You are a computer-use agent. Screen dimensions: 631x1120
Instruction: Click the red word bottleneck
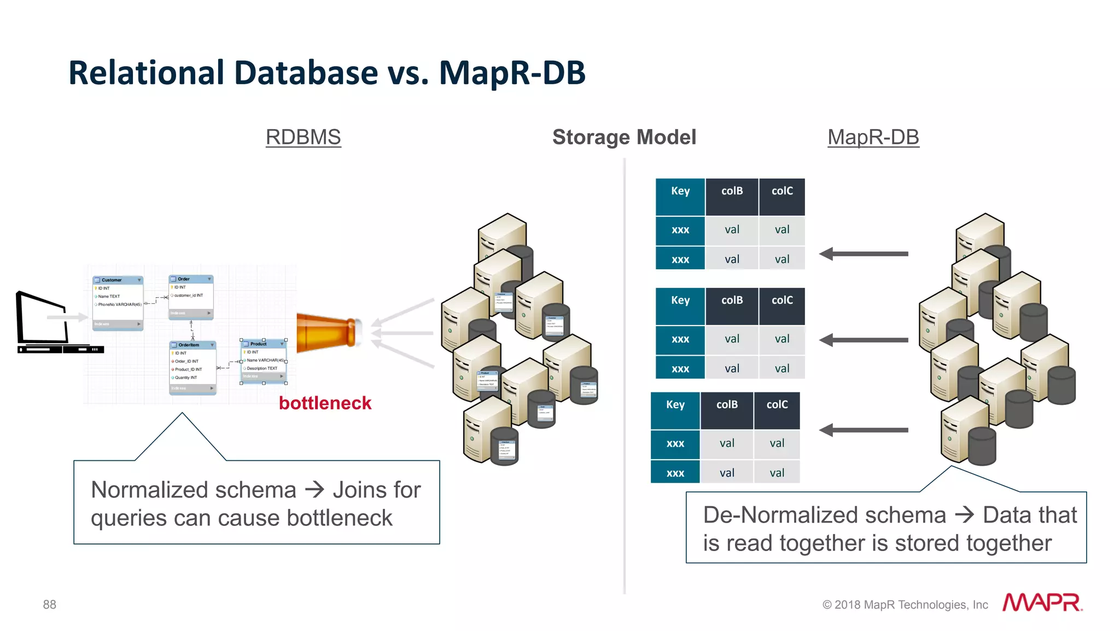pyautogui.click(x=325, y=403)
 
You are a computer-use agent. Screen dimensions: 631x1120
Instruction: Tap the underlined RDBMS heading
pyautogui.click(x=303, y=137)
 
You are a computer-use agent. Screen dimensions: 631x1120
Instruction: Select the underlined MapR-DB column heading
pyautogui.click(x=873, y=137)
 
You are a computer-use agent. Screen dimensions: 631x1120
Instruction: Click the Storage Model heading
pyautogui.click(x=624, y=137)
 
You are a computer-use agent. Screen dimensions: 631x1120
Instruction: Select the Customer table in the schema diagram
pyautogui.click(x=118, y=303)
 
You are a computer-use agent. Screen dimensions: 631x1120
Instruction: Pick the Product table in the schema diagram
pyautogui.click(x=264, y=361)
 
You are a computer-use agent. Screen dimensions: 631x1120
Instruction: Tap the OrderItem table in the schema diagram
pyautogui.click(x=192, y=367)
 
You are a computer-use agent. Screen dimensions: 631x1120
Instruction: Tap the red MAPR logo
pyautogui.click(x=1042, y=603)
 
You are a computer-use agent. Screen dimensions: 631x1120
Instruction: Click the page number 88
pyautogui.click(x=49, y=605)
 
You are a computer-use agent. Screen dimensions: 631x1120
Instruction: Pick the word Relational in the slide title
pyautogui.click(x=146, y=73)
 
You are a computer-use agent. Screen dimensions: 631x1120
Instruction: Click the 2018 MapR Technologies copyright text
pyautogui.click(x=905, y=605)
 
